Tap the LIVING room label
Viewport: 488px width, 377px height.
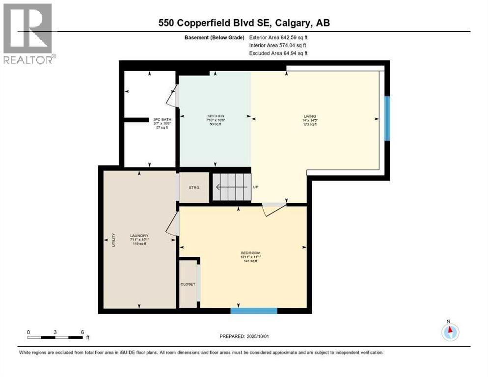[x=310, y=116]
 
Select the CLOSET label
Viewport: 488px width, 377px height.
[x=188, y=284]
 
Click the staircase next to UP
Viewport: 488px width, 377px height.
[x=231, y=187]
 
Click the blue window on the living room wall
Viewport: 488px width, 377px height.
[x=387, y=118]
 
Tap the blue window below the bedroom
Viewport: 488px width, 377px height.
[x=254, y=310]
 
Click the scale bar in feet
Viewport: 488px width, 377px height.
[x=55, y=337]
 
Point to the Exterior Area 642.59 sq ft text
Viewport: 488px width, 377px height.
[x=279, y=37]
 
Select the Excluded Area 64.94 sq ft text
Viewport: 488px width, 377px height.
[x=279, y=53]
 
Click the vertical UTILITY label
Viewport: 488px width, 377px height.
[x=113, y=239]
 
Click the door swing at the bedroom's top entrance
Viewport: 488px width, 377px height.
[x=273, y=209]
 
